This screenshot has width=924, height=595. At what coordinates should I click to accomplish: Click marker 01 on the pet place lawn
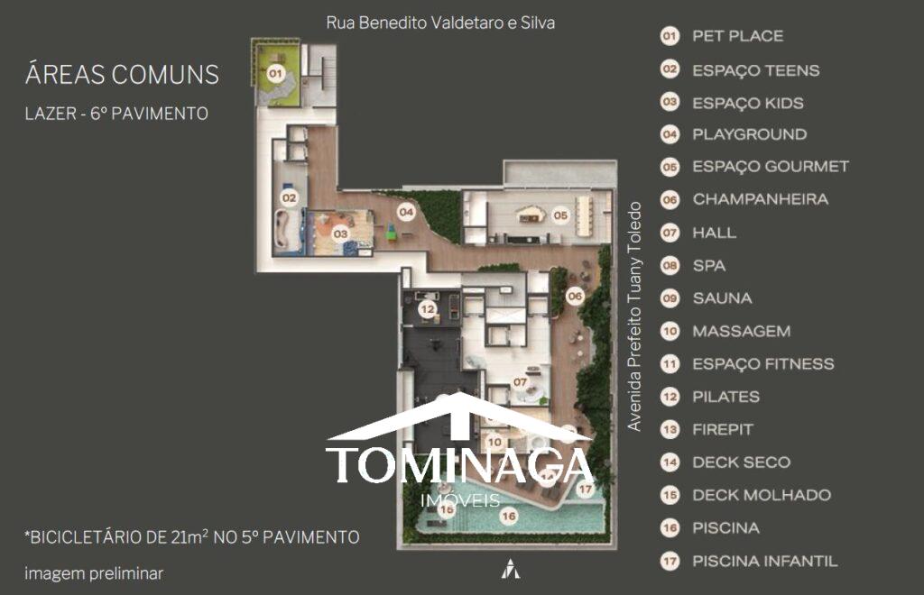276,74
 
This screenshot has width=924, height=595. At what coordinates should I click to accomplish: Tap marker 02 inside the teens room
289,197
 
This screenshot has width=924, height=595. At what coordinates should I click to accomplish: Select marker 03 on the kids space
340,233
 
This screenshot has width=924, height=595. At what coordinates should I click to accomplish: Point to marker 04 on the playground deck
406,212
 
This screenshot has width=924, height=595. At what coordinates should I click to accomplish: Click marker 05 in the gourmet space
560,215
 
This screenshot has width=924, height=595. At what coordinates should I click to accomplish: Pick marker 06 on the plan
575,296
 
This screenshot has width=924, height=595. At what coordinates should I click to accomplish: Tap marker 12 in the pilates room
427,309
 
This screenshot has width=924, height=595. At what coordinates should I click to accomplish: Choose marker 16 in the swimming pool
509,517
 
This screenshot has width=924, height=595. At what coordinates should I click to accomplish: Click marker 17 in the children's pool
585,489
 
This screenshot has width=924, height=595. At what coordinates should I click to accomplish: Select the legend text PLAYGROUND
750,134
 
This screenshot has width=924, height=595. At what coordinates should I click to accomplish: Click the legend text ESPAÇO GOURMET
771,167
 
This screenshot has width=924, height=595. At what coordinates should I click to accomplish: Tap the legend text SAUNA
723,298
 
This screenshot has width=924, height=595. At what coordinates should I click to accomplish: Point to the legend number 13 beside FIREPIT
670,429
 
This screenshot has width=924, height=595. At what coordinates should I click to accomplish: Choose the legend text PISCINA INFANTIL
765,561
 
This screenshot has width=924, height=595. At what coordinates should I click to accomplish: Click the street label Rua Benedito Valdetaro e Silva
440,23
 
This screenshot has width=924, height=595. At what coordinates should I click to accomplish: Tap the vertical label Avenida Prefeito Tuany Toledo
634,316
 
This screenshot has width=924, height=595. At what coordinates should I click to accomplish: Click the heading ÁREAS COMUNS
122,75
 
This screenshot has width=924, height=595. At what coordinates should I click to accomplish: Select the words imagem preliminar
94,573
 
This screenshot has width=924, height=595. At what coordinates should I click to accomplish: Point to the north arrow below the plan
511,569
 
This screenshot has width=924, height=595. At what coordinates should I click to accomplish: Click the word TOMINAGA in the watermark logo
459,464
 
